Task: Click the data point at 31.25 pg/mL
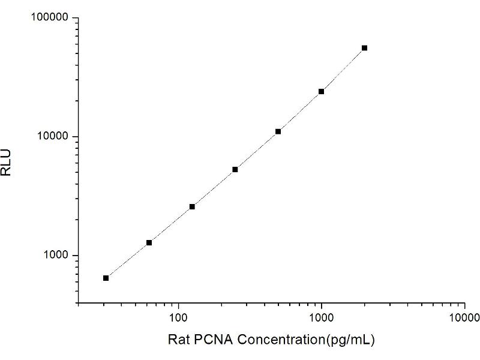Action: click(x=106, y=278)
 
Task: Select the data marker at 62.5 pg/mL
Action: click(x=149, y=242)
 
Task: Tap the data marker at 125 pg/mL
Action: click(x=192, y=206)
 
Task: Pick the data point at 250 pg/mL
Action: click(x=235, y=169)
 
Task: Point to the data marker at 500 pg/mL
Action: click(x=278, y=131)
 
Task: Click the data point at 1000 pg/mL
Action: click(x=322, y=91)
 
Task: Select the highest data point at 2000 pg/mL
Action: click(x=364, y=48)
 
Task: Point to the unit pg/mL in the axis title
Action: click(x=350, y=340)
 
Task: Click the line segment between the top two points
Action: click(x=343, y=70)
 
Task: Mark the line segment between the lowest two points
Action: click(x=128, y=260)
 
